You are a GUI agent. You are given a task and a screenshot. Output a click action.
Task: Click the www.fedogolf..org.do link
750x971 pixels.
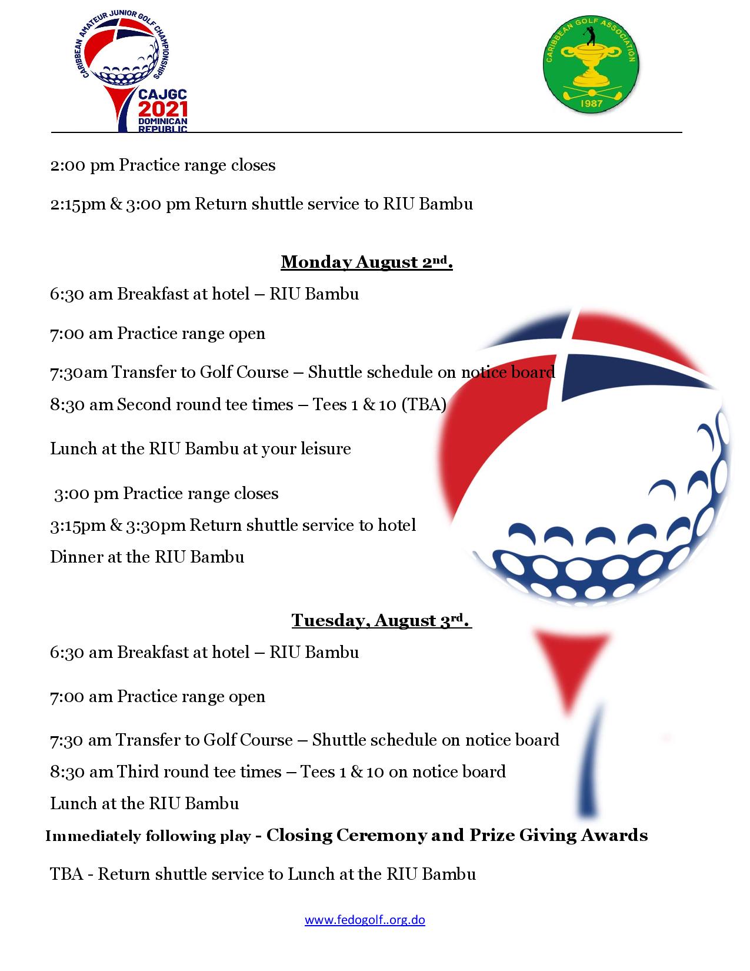pos(365,920)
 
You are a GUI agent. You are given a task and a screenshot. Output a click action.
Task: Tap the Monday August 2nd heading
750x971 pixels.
pos(366,262)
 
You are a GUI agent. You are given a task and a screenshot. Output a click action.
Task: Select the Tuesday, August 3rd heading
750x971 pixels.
pos(382,620)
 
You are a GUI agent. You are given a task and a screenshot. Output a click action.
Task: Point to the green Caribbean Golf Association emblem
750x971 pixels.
pos(590,65)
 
